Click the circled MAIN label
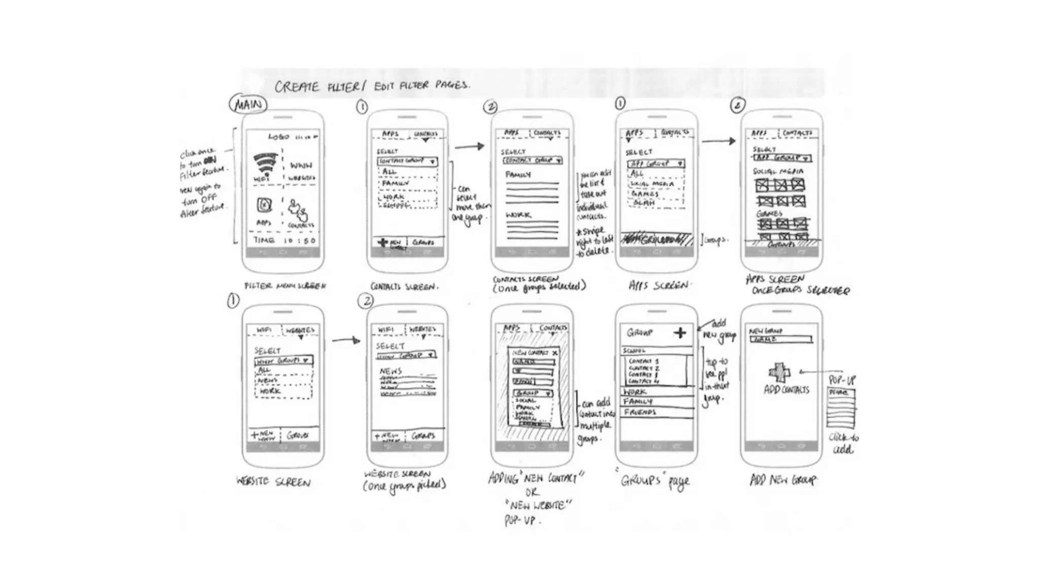(x=248, y=104)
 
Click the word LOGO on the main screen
(x=279, y=137)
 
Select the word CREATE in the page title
(x=297, y=87)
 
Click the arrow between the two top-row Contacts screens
(x=469, y=147)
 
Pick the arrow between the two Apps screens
(x=718, y=141)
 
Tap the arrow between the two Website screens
(x=346, y=340)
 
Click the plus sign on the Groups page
(x=680, y=333)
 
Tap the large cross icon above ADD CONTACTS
(x=779, y=373)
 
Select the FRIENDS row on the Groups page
(x=640, y=412)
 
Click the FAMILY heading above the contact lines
(x=518, y=175)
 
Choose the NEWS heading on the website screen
(x=391, y=371)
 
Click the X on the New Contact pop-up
(x=555, y=352)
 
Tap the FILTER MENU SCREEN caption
(x=285, y=286)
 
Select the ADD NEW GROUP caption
(x=783, y=480)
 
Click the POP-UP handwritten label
(x=842, y=380)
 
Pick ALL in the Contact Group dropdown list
(x=389, y=172)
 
